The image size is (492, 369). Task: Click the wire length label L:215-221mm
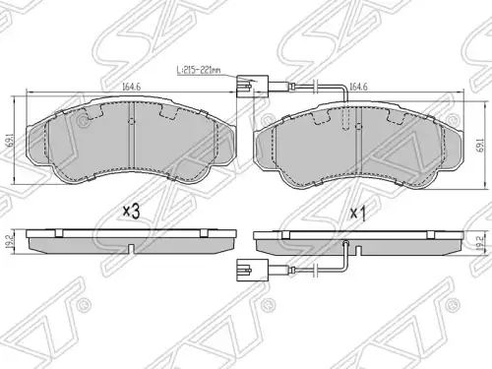[x=199, y=70]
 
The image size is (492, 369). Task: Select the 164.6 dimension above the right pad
[x=358, y=87]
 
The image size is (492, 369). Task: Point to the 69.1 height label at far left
[x=12, y=140]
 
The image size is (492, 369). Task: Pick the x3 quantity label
[x=131, y=212]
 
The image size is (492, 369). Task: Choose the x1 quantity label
[x=358, y=214]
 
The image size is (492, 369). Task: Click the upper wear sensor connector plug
[x=252, y=87]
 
